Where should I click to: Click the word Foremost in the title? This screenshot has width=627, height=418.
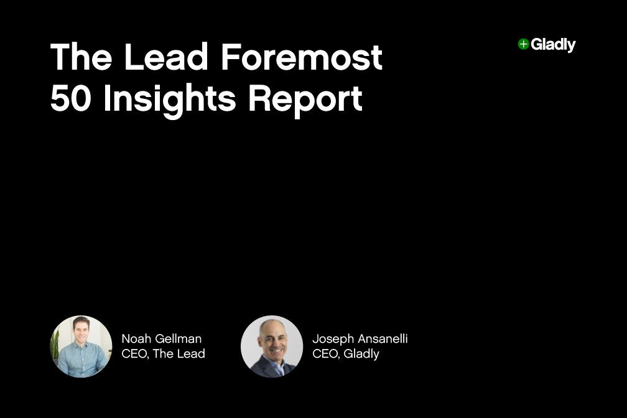[x=302, y=57]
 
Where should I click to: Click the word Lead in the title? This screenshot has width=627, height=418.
[x=165, y=57]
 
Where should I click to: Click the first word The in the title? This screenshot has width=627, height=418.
[x=81, y=57]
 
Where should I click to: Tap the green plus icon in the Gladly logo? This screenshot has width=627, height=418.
[x=523, y=44]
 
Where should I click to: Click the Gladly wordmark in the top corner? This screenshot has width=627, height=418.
[x=553, y=45]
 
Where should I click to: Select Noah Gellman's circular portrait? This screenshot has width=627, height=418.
[x=81, y=346]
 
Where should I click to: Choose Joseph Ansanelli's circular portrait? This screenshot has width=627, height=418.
[x=272, y=346]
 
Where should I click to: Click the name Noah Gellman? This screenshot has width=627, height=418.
[x=161, y=339]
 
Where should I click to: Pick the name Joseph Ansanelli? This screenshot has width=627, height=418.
[x=360, y=339]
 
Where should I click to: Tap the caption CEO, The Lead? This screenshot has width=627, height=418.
[x=163, y=354]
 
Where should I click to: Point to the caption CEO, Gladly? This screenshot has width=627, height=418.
[x=345, y=354]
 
